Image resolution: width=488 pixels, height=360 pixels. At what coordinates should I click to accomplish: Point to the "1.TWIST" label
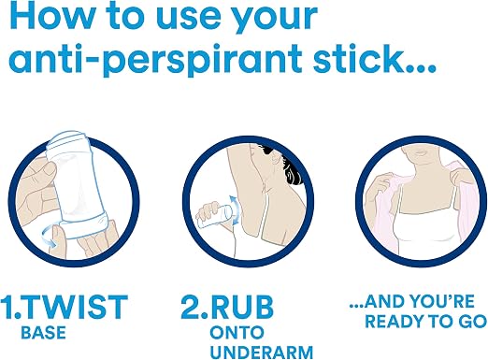64,307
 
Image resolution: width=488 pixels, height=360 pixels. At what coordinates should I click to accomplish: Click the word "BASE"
43,332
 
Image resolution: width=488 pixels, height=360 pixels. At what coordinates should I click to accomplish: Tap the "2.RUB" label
227,307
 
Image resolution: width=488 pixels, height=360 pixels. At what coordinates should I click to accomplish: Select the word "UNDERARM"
262,353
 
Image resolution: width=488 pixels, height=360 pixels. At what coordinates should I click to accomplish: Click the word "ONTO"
237,333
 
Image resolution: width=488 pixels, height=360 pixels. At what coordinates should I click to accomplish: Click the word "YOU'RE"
441,301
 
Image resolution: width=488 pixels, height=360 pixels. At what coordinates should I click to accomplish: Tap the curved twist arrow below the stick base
50,236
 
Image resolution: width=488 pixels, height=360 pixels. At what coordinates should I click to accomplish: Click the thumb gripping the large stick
44,170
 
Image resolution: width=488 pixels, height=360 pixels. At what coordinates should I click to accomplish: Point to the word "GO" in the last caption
474,322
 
